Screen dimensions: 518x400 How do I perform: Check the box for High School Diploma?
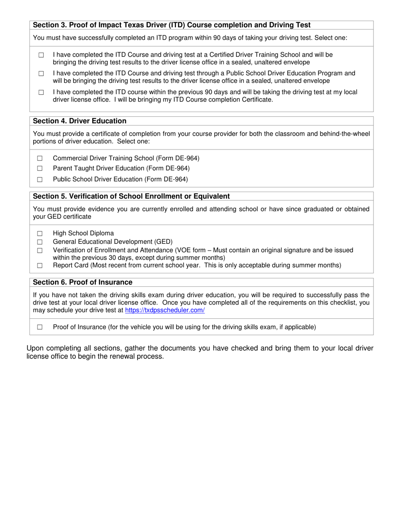[x=40, y=234]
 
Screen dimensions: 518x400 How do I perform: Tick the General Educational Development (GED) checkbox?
[x=40, y=242]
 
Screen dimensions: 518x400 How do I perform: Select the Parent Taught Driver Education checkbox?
[x=40, y=168]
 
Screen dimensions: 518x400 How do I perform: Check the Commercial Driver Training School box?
[x=40, y=158]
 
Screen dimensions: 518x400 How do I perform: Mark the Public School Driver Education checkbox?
[x=40, y=179]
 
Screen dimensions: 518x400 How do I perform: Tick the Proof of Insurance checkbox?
[x=40, y=327]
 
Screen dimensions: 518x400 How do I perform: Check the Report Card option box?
[x=40, y=266]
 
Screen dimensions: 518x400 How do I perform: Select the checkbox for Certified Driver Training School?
[x=41, y=55]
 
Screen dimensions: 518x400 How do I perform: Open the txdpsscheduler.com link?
[x=165, y=310]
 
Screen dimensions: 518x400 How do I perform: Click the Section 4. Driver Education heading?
[x=80, y=121]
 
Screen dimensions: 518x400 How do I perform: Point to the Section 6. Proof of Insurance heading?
[x=83, y=282]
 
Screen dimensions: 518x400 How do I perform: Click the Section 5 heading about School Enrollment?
[x=131, y=196]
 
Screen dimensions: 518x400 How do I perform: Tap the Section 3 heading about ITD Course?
[x=172, y=25]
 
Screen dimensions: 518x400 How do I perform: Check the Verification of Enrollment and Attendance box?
[x=40, y=251]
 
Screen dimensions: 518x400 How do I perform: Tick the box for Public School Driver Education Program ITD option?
[x=41, y=74]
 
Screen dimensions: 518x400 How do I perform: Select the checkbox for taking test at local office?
[x=41, y=92]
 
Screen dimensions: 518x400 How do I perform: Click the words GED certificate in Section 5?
[x=62, y=217]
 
